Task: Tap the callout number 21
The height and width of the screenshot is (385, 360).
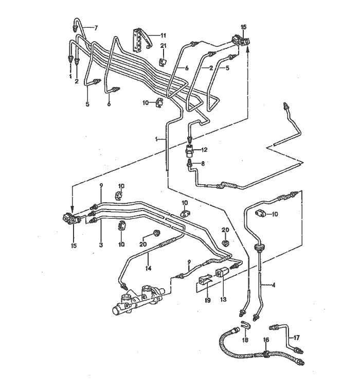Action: (x=164, y=47)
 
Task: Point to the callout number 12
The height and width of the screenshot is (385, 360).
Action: (x=204, y=150)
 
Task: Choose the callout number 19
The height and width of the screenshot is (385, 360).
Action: (x=208, y=300)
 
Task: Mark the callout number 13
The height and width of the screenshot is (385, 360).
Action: (x=223, y=300)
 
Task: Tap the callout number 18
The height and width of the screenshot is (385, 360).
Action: (x=245, y=341)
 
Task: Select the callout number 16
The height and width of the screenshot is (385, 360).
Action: (x=265, y=340)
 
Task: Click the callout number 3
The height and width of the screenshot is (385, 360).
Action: (x=101, y=245)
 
